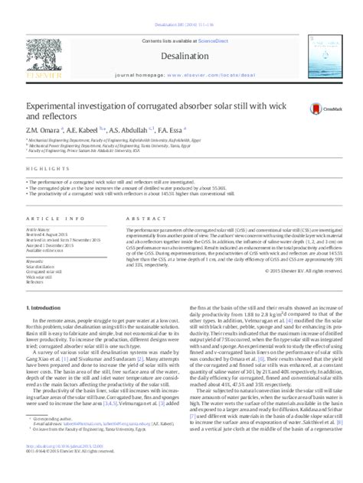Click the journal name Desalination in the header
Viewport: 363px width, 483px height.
(181, 35)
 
